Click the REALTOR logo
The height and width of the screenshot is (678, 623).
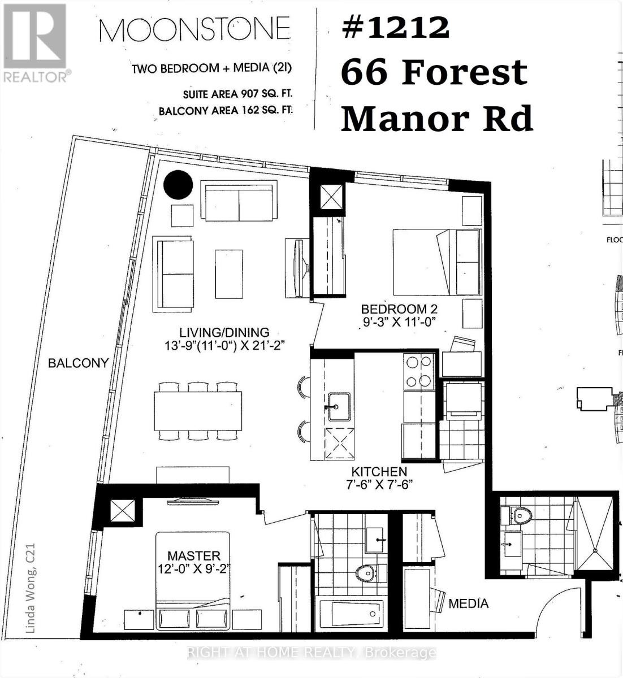tap(35, 42)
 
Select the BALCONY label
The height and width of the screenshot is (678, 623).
tap(78, 363)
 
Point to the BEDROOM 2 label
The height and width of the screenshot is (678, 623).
tap(399, 309)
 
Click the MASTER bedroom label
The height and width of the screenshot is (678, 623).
tap(193, 556)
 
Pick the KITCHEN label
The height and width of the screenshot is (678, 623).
tap(379, 472)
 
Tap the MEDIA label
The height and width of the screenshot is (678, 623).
tap(468, 603)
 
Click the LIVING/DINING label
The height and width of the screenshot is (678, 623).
tap(224, 333)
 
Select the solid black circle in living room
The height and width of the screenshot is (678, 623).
tap(178, 185)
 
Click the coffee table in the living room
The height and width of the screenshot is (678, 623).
tap(228, 274)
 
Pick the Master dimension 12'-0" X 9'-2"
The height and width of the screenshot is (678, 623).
tap(193, 568)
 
